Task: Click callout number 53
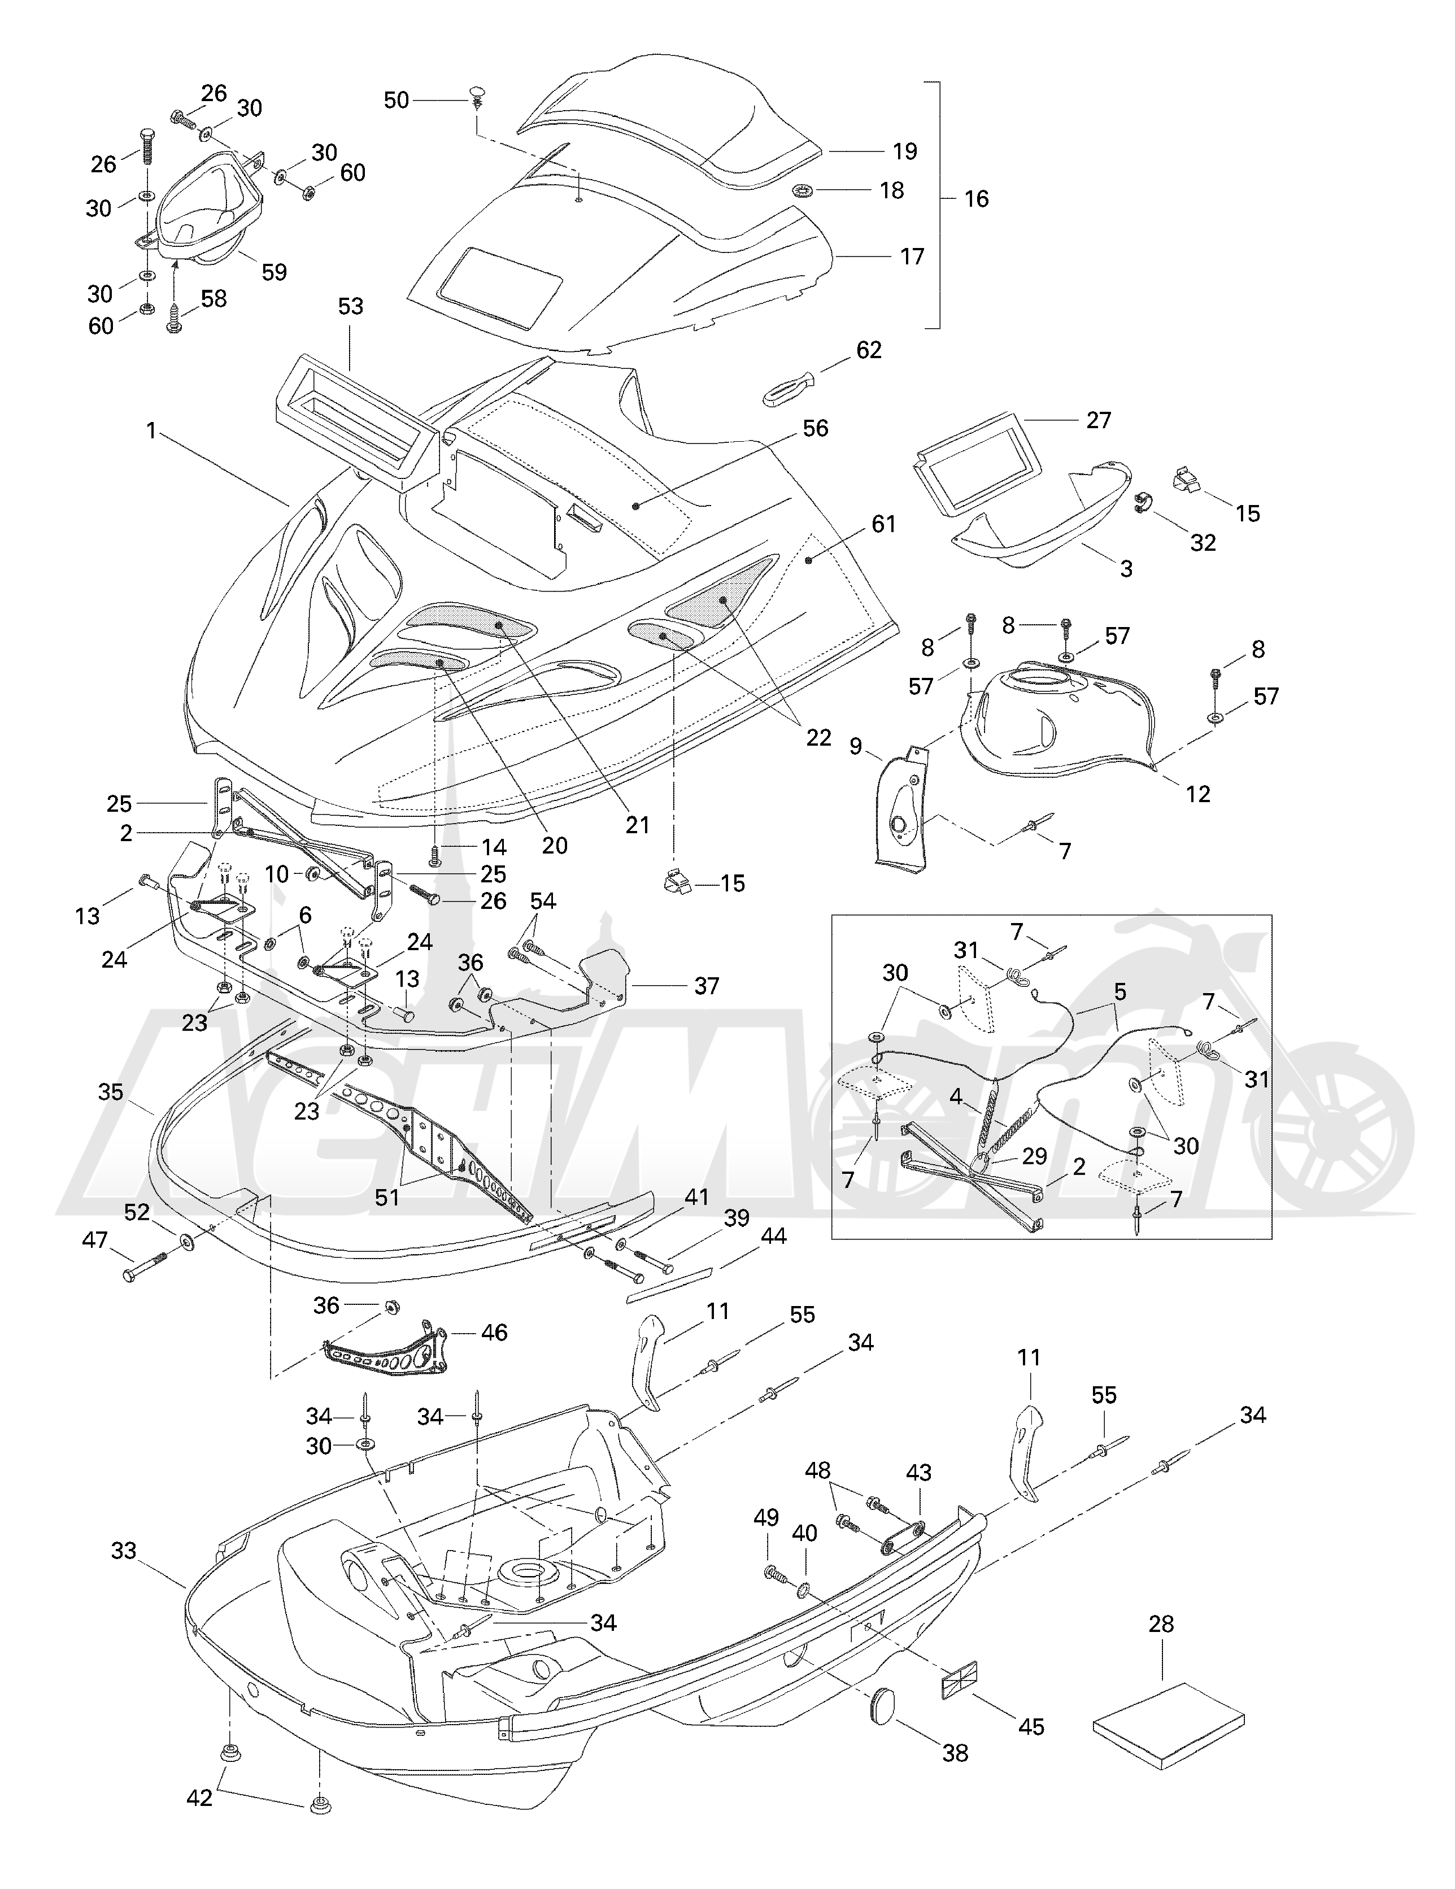pos(350,306)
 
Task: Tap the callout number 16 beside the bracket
pos(976,199)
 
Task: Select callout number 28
pos(1161,1624)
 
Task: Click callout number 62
pos(869,350)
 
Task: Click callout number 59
pos(274,272)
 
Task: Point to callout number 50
pos(396,101)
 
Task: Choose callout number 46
pos(494,1333)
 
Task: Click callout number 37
pos(706,986)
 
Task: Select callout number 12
pos(1197,794)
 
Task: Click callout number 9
pos(856,746)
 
